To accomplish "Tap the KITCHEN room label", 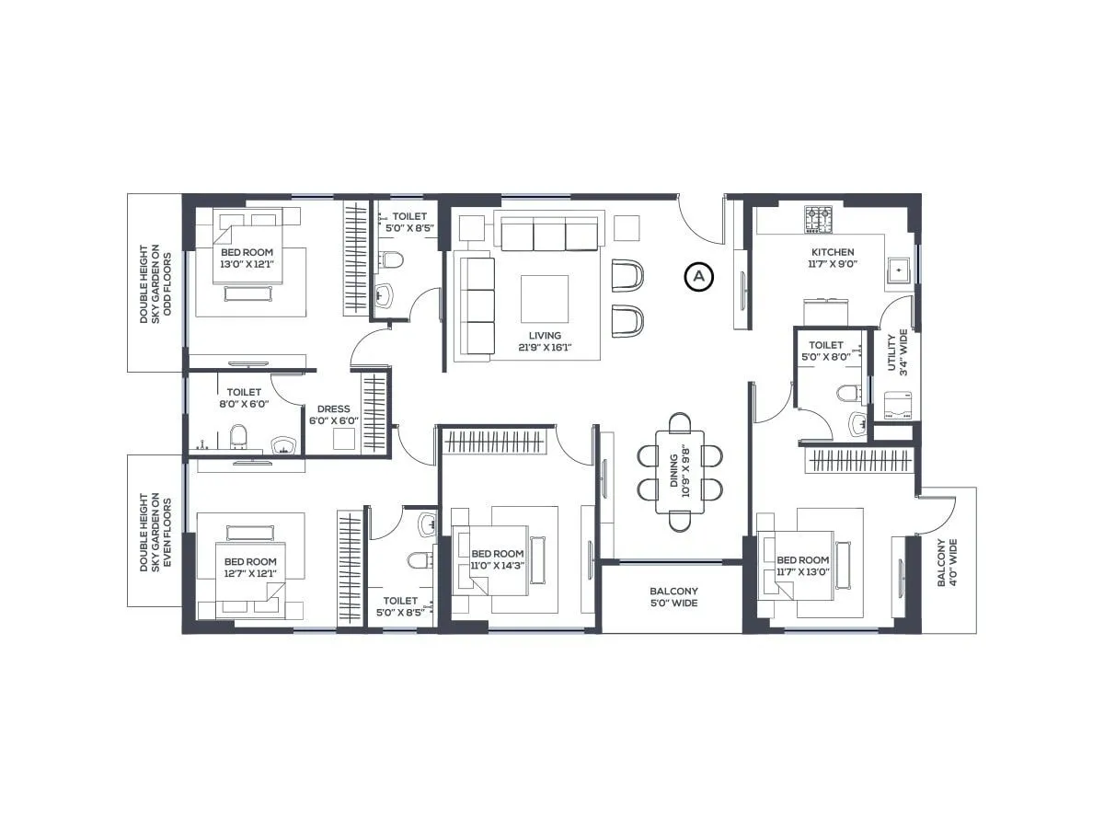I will (x=832, y=259).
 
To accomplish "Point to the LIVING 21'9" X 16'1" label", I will (x=538, y=341).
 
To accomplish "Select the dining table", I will (x=680, y=472).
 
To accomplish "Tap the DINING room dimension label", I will (x=680, y=472).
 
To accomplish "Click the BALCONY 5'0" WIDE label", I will (x=673, y=597).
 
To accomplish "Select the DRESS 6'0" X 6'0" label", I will (x=332, y=415).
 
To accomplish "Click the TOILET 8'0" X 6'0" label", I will (x=244, y=397).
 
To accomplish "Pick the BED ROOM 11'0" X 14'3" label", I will (x=497, y=560).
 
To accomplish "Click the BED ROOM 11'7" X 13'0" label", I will (x=802, y=566).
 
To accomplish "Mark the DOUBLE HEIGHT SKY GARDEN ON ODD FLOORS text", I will (x=150, y=282).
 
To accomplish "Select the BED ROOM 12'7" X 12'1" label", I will (x=249, y=568).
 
